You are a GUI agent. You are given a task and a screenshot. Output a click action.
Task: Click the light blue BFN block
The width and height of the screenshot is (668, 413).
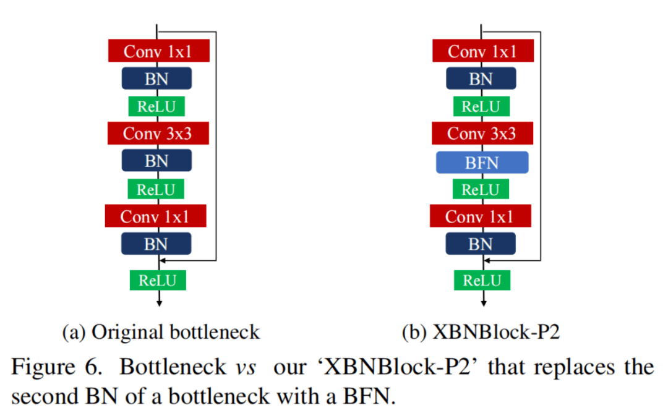click(482, 162)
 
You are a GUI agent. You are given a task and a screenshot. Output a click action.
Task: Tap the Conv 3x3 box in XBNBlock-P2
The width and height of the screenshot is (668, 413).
click(481, 133)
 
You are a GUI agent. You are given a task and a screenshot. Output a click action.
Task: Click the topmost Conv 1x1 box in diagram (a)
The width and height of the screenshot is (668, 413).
click(158, 51)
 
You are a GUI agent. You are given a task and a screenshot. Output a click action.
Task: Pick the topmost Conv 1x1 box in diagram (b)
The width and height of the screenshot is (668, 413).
click(482, 51)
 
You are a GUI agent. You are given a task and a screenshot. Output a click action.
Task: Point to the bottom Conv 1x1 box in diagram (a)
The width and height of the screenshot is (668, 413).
click(155, 216)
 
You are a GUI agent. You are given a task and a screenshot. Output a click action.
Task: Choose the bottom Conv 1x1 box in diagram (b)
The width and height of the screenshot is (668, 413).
click(480, 216)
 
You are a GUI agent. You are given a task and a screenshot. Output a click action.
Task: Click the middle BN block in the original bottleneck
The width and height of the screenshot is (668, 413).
click(156, 161)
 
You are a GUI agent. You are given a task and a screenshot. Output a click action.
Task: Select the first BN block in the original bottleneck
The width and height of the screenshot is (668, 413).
click(156, 79)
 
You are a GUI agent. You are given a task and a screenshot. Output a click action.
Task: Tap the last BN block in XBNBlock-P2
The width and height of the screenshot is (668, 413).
click(481, 244)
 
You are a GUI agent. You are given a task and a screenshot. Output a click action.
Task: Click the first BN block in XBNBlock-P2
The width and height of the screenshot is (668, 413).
click(481, 79)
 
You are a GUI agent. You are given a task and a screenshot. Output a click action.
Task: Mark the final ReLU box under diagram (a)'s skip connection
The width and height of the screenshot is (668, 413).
click(158, 280)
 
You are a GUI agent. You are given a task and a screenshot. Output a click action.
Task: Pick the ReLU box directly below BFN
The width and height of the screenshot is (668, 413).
click(481, 189)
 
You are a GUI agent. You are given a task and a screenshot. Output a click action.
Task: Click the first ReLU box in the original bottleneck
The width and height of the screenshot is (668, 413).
click(156, 106)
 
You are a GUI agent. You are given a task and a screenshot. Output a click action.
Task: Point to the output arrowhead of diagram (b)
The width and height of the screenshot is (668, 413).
click(484, 302)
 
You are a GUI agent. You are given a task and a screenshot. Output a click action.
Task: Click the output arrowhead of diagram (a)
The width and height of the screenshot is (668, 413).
click(160, 302)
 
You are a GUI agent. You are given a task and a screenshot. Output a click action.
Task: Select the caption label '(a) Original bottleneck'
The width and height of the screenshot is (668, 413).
click(161, 333)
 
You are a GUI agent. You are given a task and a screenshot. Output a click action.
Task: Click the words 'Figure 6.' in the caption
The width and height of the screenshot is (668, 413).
click(57, 367)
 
